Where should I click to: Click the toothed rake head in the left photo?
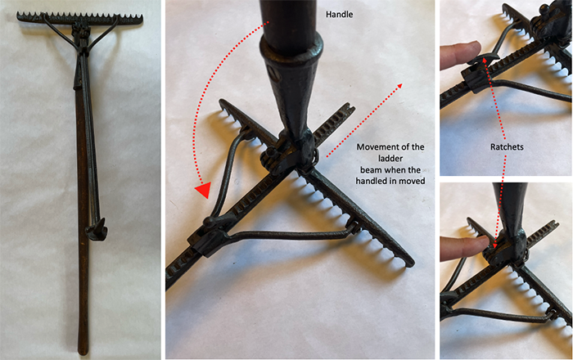tap(82, 17)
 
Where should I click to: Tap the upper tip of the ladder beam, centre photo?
tap(350, 107)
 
